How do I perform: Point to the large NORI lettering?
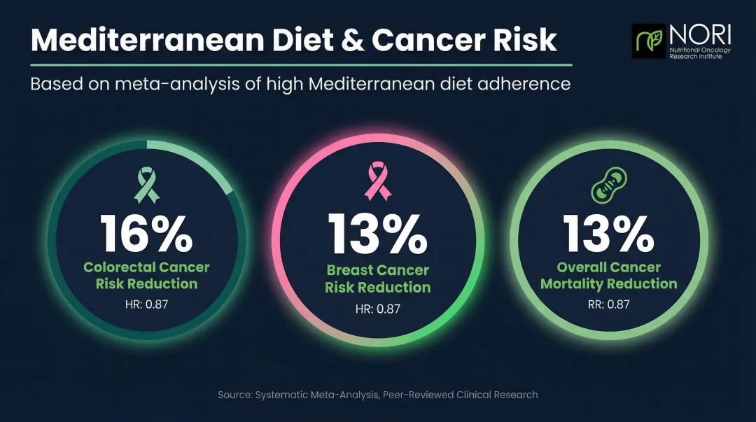tap(698, 34)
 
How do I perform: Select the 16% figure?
tap(146, 233)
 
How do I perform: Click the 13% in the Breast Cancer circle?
tap(378, 235)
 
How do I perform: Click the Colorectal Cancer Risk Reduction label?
tap(146, 276)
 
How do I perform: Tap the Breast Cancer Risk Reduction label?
tap(378, 279)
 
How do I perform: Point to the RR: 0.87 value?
tap(610, 304)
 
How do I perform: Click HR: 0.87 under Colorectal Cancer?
tap(146, 304)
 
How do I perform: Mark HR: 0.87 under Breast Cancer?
tap(378, 308)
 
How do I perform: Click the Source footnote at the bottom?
tap(378, 395)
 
